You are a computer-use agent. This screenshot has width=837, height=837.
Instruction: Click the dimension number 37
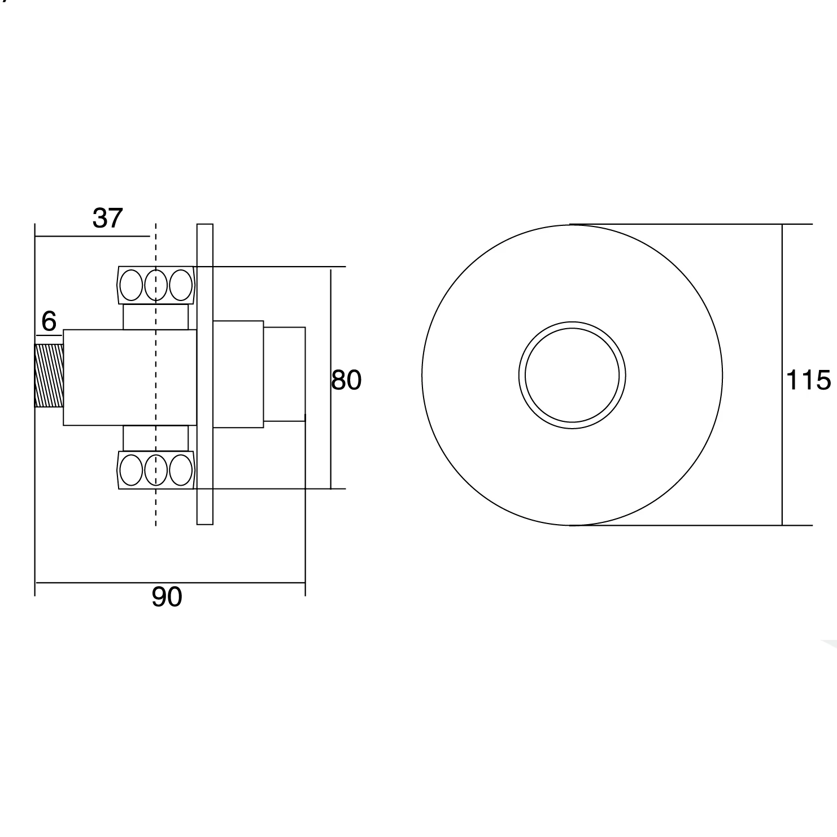[107, 219]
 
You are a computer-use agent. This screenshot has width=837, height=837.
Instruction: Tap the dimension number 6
[49, 322]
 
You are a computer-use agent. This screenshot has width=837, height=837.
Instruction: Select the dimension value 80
[346, 380]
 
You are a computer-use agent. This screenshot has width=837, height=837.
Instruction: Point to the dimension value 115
[808, 380]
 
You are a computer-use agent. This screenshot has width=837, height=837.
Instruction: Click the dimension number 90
[167, 597]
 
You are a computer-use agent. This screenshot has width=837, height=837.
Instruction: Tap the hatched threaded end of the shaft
[49, 376]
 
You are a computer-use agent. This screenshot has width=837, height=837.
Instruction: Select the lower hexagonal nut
[156, 470]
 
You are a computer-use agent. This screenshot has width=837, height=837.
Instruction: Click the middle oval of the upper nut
[156, 285]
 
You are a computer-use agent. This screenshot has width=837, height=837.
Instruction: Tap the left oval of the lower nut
[131, 470]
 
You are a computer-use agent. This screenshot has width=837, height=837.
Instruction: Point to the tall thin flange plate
[204, 374]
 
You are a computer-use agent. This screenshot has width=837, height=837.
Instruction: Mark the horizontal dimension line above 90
[169, 582]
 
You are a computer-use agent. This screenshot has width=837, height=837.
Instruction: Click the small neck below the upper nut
[156, 317]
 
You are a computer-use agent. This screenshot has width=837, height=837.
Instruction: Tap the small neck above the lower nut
[156, 438]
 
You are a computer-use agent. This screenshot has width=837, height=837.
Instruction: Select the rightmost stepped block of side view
[284, 374]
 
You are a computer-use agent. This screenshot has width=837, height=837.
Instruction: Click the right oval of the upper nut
[181, 285]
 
